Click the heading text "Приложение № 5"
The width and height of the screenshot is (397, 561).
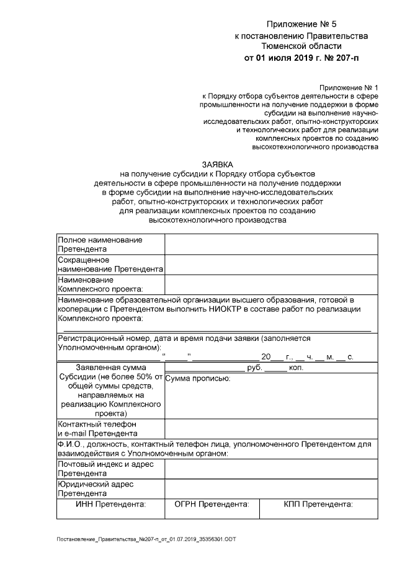point(301,25)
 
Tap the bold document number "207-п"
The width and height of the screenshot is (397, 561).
point(345,58)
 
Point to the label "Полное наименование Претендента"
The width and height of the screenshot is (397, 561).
point(100,244)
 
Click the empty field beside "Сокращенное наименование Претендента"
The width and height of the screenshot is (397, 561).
point(270,264)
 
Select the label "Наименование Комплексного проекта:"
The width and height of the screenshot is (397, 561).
point(100,284)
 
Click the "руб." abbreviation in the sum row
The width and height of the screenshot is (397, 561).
point(255,368)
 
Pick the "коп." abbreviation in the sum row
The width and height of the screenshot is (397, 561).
point(296,368)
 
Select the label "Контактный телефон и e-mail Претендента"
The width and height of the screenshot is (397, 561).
point(97,428)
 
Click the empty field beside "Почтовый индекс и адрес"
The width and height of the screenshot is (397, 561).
point(270,469)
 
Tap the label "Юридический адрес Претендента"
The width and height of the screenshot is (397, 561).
point(96,488)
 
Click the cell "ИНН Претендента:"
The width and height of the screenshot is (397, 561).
point(110,504)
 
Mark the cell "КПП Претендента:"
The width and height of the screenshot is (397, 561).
point(318,504)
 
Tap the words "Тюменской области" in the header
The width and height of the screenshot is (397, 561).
point(301,46)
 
